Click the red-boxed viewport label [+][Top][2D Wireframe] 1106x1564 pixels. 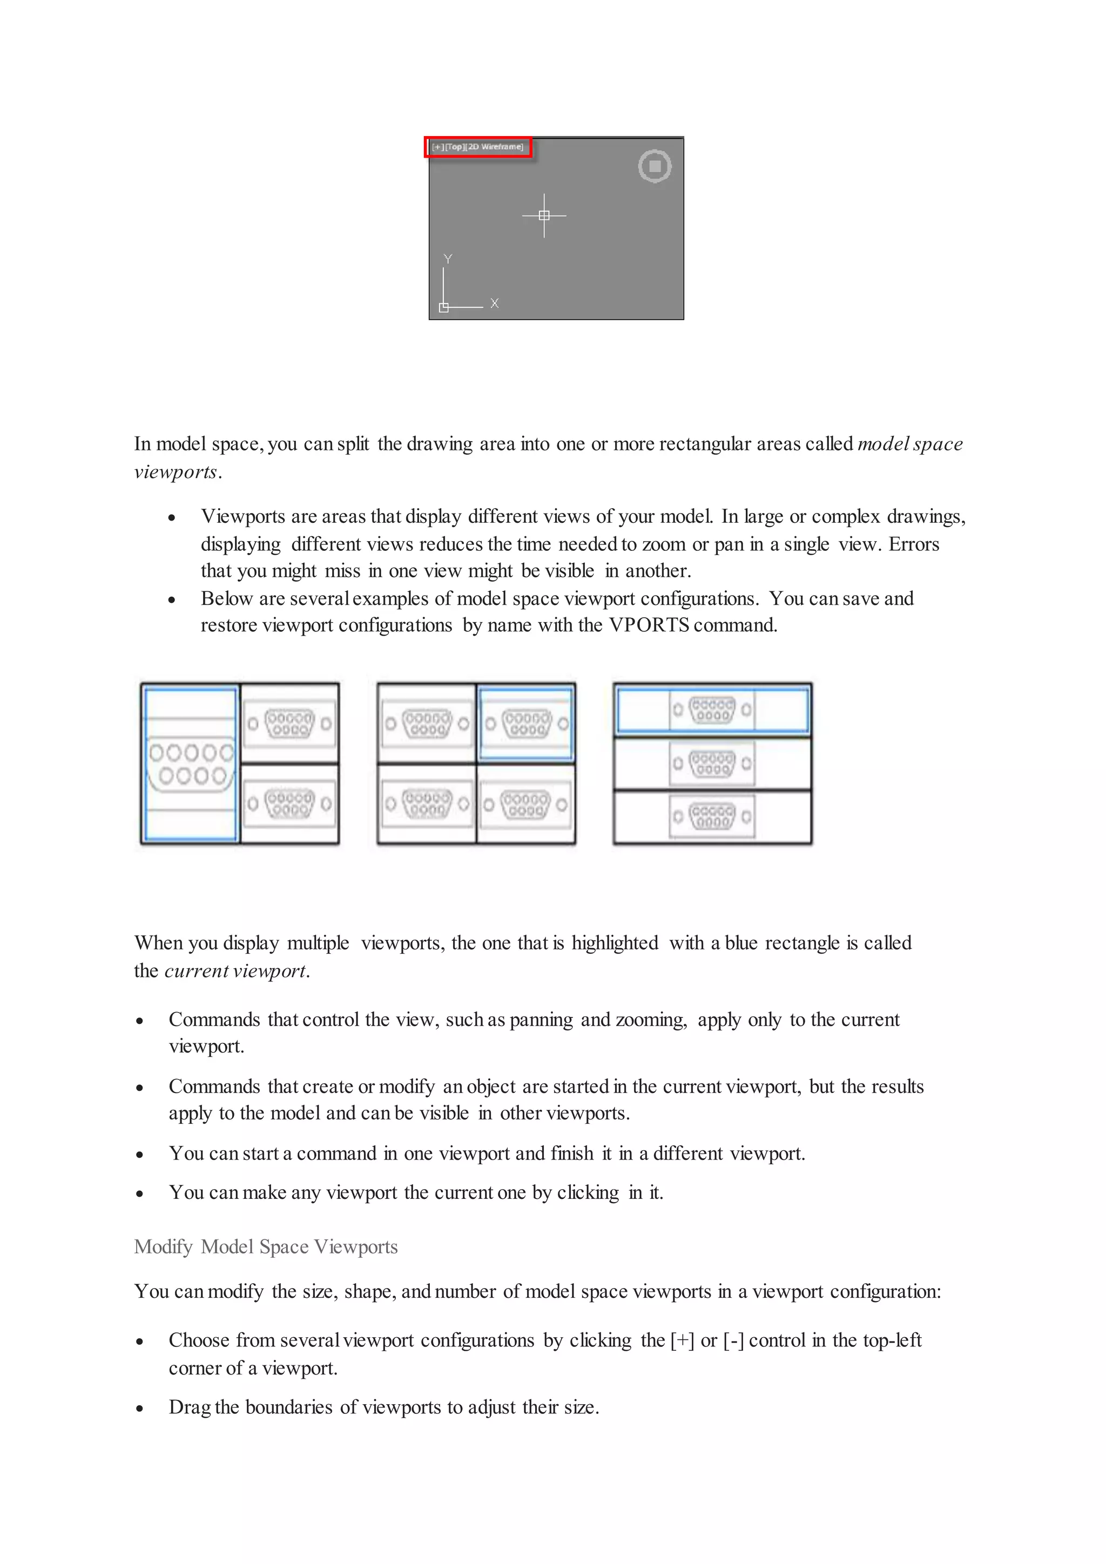(478, 147)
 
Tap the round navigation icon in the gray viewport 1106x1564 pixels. (655, 166)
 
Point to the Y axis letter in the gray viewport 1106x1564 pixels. (448, 259)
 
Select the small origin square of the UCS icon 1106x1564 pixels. (444, 308)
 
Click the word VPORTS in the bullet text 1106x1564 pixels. (649, 625)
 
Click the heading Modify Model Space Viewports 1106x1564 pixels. (266, 1246)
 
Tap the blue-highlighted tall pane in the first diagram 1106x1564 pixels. (191, 764)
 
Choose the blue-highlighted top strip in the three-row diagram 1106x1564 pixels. (712, 710)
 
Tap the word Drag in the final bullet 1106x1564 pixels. (190, 1407)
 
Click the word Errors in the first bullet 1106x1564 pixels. (913, 544)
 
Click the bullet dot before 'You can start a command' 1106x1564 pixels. (140, 1155)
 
